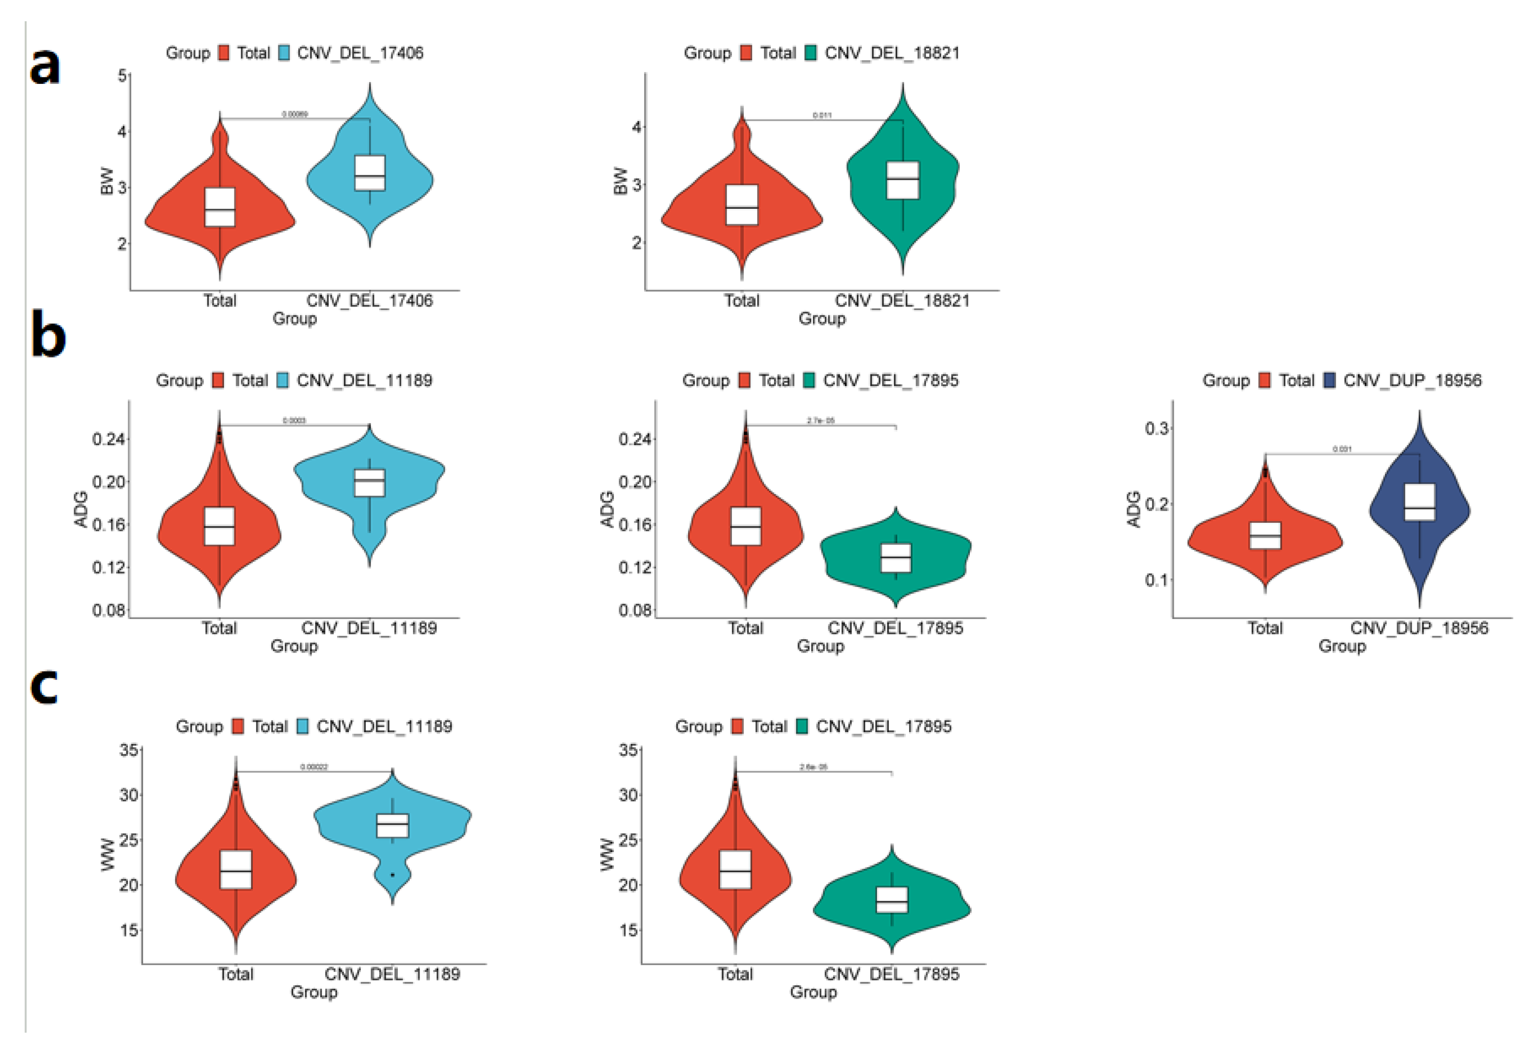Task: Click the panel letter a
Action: (45, 67)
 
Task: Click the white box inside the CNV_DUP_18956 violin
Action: (1419, 503)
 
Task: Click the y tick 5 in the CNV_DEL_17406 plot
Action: (122, 76)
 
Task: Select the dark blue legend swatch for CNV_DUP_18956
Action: (1330, 381)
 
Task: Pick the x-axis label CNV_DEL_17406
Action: (369, 301)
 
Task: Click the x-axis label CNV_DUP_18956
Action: (1418, 628)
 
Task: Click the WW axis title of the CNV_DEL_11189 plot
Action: (108, 854)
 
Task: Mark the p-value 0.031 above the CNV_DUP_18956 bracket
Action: (1342, 449)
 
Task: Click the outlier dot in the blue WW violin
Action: (393, 875)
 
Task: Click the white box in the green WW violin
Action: (892, 900)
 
